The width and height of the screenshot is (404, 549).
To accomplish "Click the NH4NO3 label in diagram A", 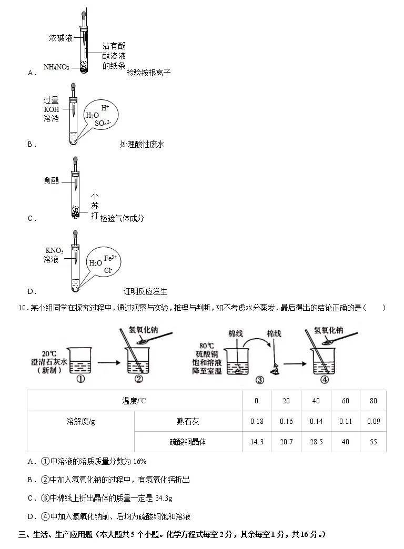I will [56, 67].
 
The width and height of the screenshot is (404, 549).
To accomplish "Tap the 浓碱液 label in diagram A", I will [60, 38].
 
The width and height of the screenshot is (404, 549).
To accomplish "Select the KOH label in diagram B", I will [52, 109].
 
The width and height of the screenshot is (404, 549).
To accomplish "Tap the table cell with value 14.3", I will [256, 442].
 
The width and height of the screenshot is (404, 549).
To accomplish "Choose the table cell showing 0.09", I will [373, 421].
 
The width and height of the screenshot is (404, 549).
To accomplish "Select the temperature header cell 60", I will [345, 401].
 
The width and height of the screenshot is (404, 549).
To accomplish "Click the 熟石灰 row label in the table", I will [188, 421].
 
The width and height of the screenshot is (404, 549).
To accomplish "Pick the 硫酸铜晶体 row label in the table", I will [188, 442].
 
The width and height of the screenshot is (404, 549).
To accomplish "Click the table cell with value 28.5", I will [316, 442].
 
